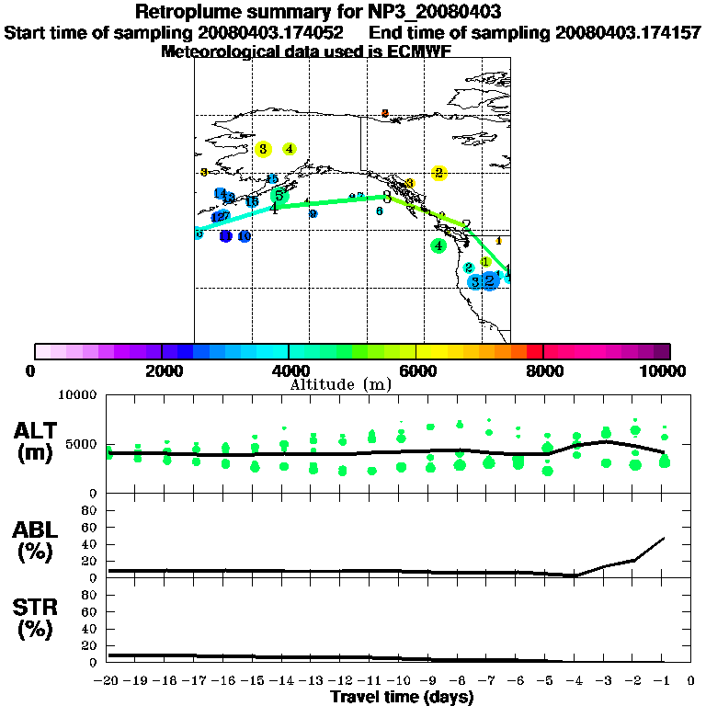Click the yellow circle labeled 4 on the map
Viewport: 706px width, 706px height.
click(290, 148)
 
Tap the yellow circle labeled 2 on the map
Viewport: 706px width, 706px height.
click(439, 173)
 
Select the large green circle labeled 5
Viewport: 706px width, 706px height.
click(279, 195)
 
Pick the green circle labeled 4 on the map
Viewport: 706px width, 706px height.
click(439, 245)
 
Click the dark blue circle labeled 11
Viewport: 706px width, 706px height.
click(226, 236)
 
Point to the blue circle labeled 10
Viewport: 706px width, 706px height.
click(245, 237)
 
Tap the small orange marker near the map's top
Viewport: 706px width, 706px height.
click(385, 113)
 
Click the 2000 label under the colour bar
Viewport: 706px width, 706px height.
click(161, 370)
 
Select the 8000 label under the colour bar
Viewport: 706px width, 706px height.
click(543, 370)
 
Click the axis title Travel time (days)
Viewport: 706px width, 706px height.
click(402, 698)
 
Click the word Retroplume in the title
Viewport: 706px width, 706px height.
click(188, 12)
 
